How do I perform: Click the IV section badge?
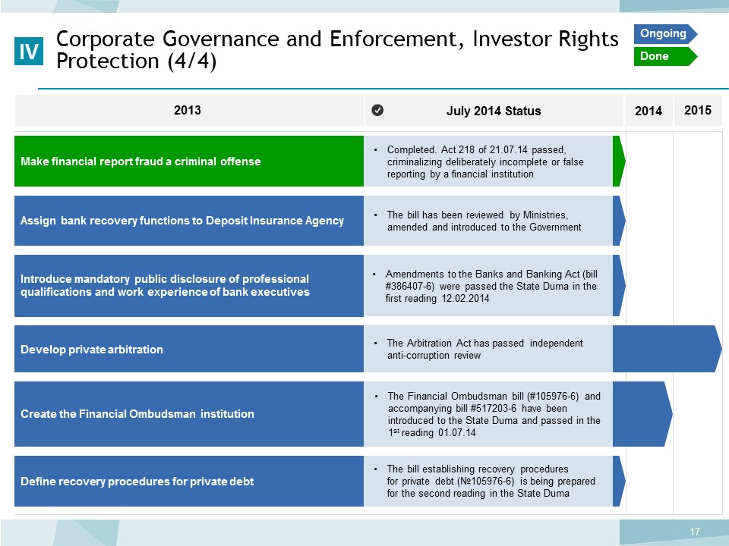point(29,51)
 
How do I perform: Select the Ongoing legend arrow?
point(665,34)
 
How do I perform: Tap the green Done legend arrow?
point(665,56)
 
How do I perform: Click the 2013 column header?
point(188,110)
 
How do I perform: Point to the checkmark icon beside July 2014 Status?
point(377,110)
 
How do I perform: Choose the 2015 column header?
point(697,110)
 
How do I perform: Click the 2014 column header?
point(648,111)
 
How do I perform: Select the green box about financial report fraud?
point(189,161)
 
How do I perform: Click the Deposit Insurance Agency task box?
point(189,221)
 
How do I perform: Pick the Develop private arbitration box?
point(189,349)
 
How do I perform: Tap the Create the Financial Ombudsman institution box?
point(189,414)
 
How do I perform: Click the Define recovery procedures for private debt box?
point(189,481)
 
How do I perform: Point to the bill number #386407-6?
point(409,286)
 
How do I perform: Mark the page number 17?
point(695,532)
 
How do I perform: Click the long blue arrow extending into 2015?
point(667,349)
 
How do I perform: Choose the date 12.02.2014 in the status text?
point(465,298)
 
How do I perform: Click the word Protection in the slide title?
point(107,61)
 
